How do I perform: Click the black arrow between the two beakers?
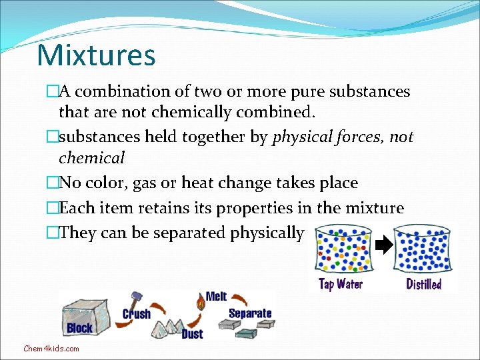(x=384, y=246)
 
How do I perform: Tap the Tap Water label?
(x=341, y=284)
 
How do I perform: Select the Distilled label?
(x=423, y=284)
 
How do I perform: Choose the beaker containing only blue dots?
(x=422, y=250)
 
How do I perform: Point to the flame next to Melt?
(x=199, y=302)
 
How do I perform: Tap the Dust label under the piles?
(x=192, y=333)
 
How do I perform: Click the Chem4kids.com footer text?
(x=51, y=348)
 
